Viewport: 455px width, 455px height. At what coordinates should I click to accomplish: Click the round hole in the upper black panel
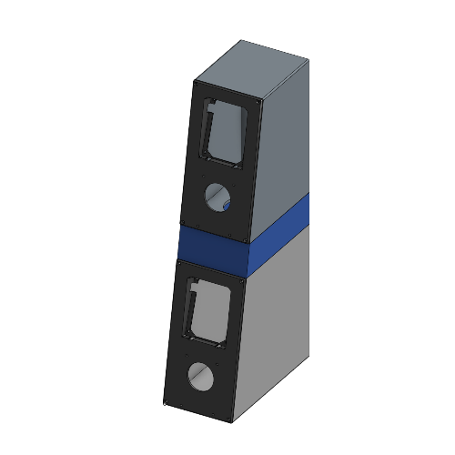point(219,195)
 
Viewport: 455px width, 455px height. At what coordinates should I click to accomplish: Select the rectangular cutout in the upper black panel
point(224,133)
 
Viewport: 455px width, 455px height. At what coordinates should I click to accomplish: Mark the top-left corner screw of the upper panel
point(197,85)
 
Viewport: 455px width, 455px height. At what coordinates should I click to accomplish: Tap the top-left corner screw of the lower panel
point(180,265)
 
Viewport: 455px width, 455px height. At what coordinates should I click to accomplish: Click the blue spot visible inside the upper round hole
point(225,205)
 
